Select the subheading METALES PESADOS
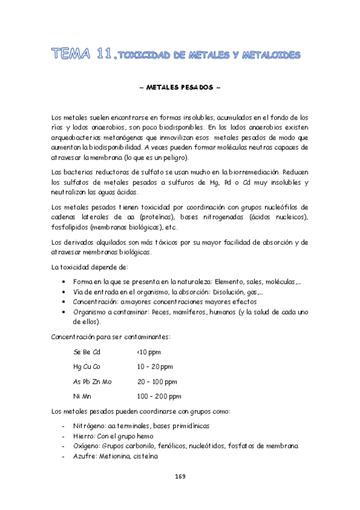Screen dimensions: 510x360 180,87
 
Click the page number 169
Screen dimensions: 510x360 180,476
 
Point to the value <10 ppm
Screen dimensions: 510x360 148,352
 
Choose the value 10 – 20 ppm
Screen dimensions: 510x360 154,366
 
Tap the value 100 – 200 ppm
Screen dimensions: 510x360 159,396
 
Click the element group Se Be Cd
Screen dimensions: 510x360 87,352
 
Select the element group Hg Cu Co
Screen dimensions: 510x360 87,366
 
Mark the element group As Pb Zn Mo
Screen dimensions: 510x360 92,381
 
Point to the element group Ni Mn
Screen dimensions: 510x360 82,396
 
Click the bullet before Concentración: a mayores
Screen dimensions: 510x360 64,302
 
